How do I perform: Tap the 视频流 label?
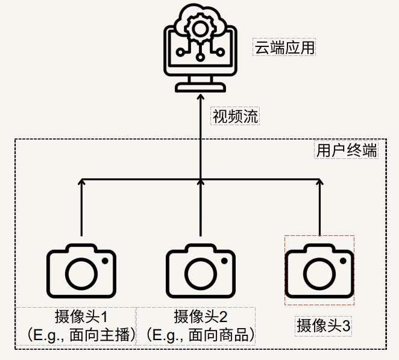tap(235, 116)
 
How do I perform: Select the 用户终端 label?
tap(347, 150)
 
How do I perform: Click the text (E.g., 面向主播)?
tap(77, 335)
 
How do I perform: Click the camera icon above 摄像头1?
tap(81, 271)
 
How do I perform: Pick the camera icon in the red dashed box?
tap(319, 271)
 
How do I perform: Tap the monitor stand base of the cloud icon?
tap(199, 88)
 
